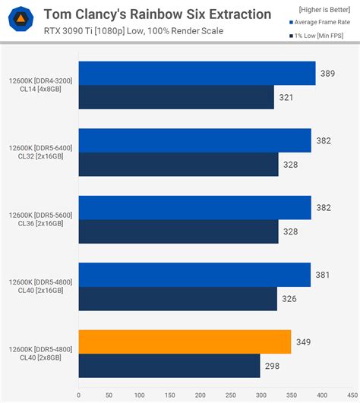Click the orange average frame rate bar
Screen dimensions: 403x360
click(185, 342)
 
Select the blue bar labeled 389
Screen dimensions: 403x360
click(197, 74)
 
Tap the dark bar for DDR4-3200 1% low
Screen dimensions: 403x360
click(176, 97)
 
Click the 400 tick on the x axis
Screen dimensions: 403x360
click(322, 395)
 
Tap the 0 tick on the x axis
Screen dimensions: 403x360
click(78, 395)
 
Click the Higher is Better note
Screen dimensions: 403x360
click(320, 9)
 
